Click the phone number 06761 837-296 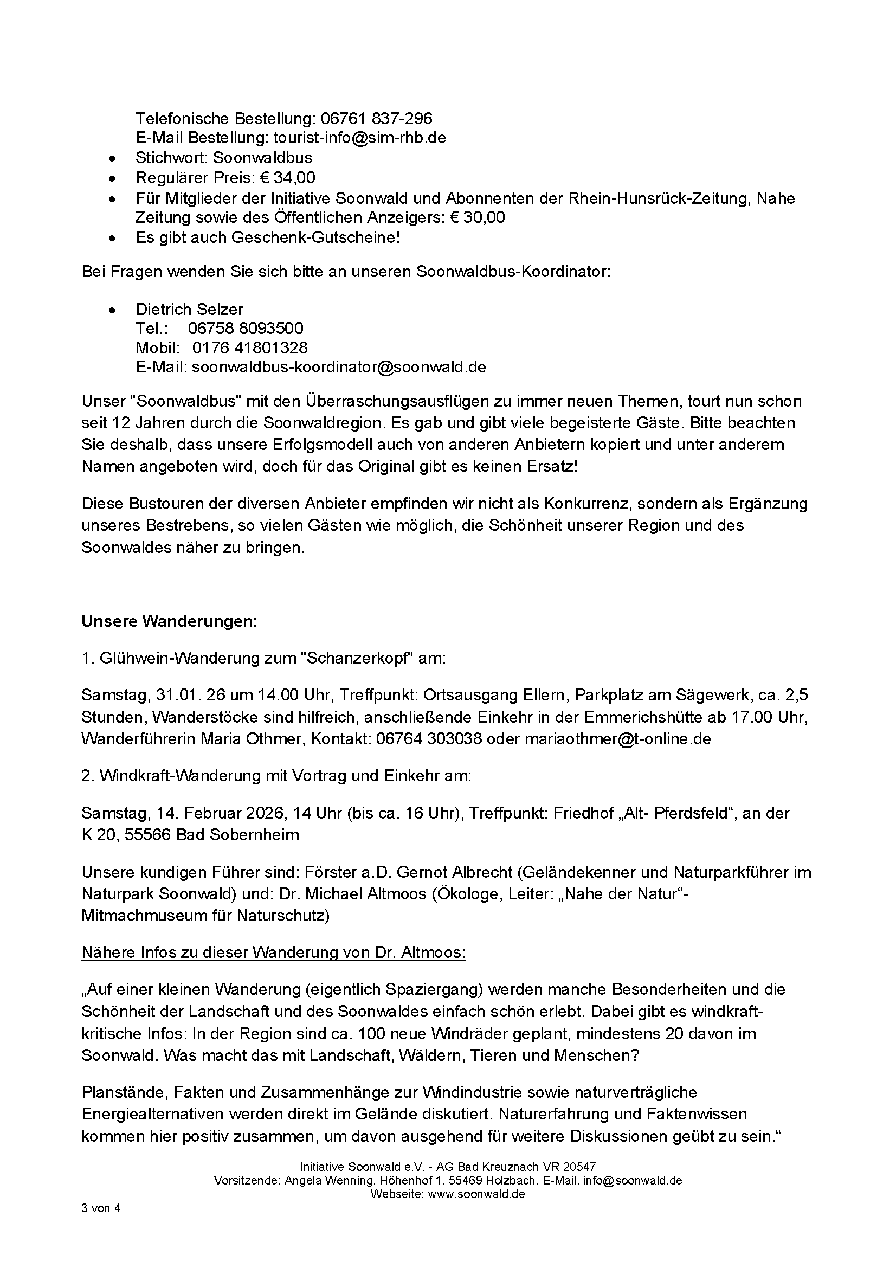pyautogui.click(x=377, y=118)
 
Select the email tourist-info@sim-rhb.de pyautogui.click(x=359, y=138)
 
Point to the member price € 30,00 pyautogui.click(x=477, y=217)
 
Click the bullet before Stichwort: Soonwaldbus pyautogui.click(x=113, y=159)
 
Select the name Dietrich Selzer pyautogui.click(x=189, y=309)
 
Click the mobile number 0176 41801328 pyautogui.click(x=249, y=348)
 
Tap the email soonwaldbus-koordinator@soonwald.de pyautogui.click(x=338, y=367)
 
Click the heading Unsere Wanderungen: pyautogui.click(x=170, y=621)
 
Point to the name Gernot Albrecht pyautogui.click(x=455, y=872)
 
